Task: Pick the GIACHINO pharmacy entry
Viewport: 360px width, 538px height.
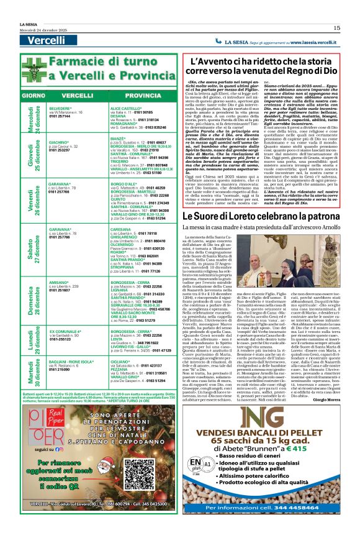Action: click(59, 142)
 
